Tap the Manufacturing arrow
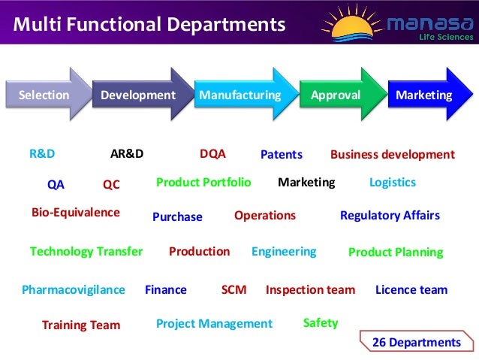[x=241, y=95]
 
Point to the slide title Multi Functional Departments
[x=149, y=25]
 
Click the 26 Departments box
[x=416, y=342]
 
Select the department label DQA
[x=212, y=153]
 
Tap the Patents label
[x=281, y=155]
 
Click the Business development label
[x=392, y=155]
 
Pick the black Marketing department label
[x=306, y=183]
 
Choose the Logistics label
[x=392, y=183]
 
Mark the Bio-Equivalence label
[x=75, y=213]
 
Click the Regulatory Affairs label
[x=390, y=216]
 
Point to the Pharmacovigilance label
[x=73, y=289]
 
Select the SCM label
[x=233, y=289]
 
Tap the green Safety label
[x=321, y=323]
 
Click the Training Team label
[x=80, y=325]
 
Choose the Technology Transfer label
[x=86, y=252]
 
